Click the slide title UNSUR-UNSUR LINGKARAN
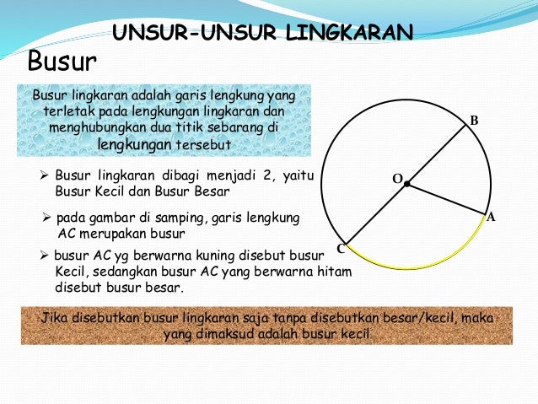coord(263,33)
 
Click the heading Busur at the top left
coord(63,62)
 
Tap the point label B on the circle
coord(474,122)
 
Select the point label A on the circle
coord(491,217)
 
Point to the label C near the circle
coord(341,249)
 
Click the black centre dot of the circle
coord(406,184)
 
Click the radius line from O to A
coord(447,199)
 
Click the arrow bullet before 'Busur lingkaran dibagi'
coord(46,176)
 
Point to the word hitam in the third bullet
coord(332,272)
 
